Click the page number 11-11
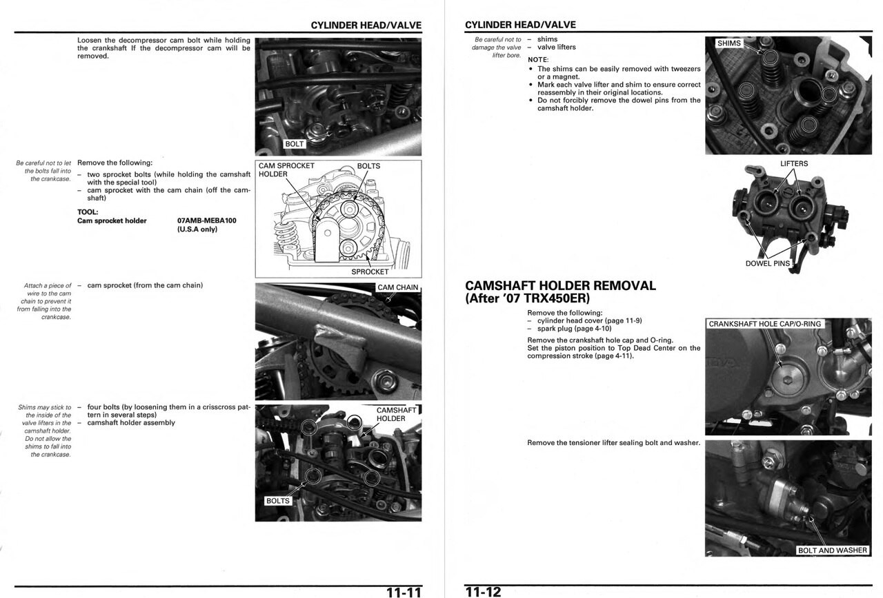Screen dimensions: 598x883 [404, 592]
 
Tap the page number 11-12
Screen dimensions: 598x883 [482, 592]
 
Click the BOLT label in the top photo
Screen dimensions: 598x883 [295, 144]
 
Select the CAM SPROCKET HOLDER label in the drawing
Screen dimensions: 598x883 [286, 170]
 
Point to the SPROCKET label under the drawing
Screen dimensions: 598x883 [370, 271]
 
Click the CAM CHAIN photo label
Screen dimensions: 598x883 [397, 287]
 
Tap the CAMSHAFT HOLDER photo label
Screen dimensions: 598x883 [396, 414]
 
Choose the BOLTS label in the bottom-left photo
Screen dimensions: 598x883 [277, 501]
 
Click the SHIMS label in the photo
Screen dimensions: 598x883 [729, 43]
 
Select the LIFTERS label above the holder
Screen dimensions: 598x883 [794, 164]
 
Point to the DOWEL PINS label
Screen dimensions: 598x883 [767, 264]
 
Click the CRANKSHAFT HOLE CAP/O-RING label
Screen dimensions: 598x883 [765, 324]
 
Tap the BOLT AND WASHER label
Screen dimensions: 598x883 [833, 550]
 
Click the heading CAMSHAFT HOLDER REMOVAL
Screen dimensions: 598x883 [560, 285]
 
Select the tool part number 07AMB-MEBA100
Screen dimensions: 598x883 [206, 220]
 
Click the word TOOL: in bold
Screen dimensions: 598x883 [88, 212]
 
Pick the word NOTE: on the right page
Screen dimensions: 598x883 [537, 59]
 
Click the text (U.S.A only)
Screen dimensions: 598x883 [197, 229]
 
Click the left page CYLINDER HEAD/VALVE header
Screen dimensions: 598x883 [366, 25]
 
